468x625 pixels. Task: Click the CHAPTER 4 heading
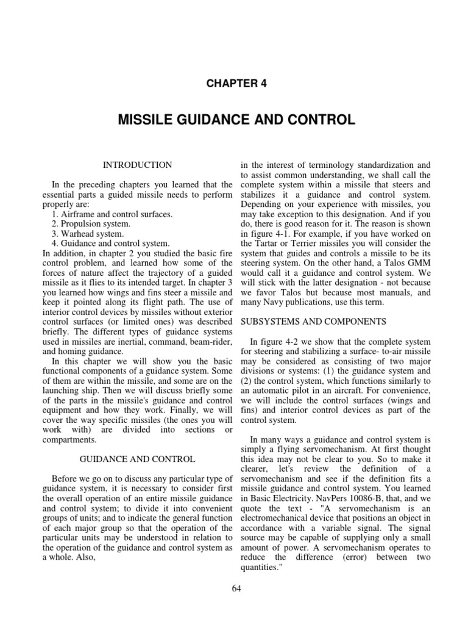click(x=234, y=84)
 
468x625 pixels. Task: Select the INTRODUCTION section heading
click(x=137, y=165)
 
